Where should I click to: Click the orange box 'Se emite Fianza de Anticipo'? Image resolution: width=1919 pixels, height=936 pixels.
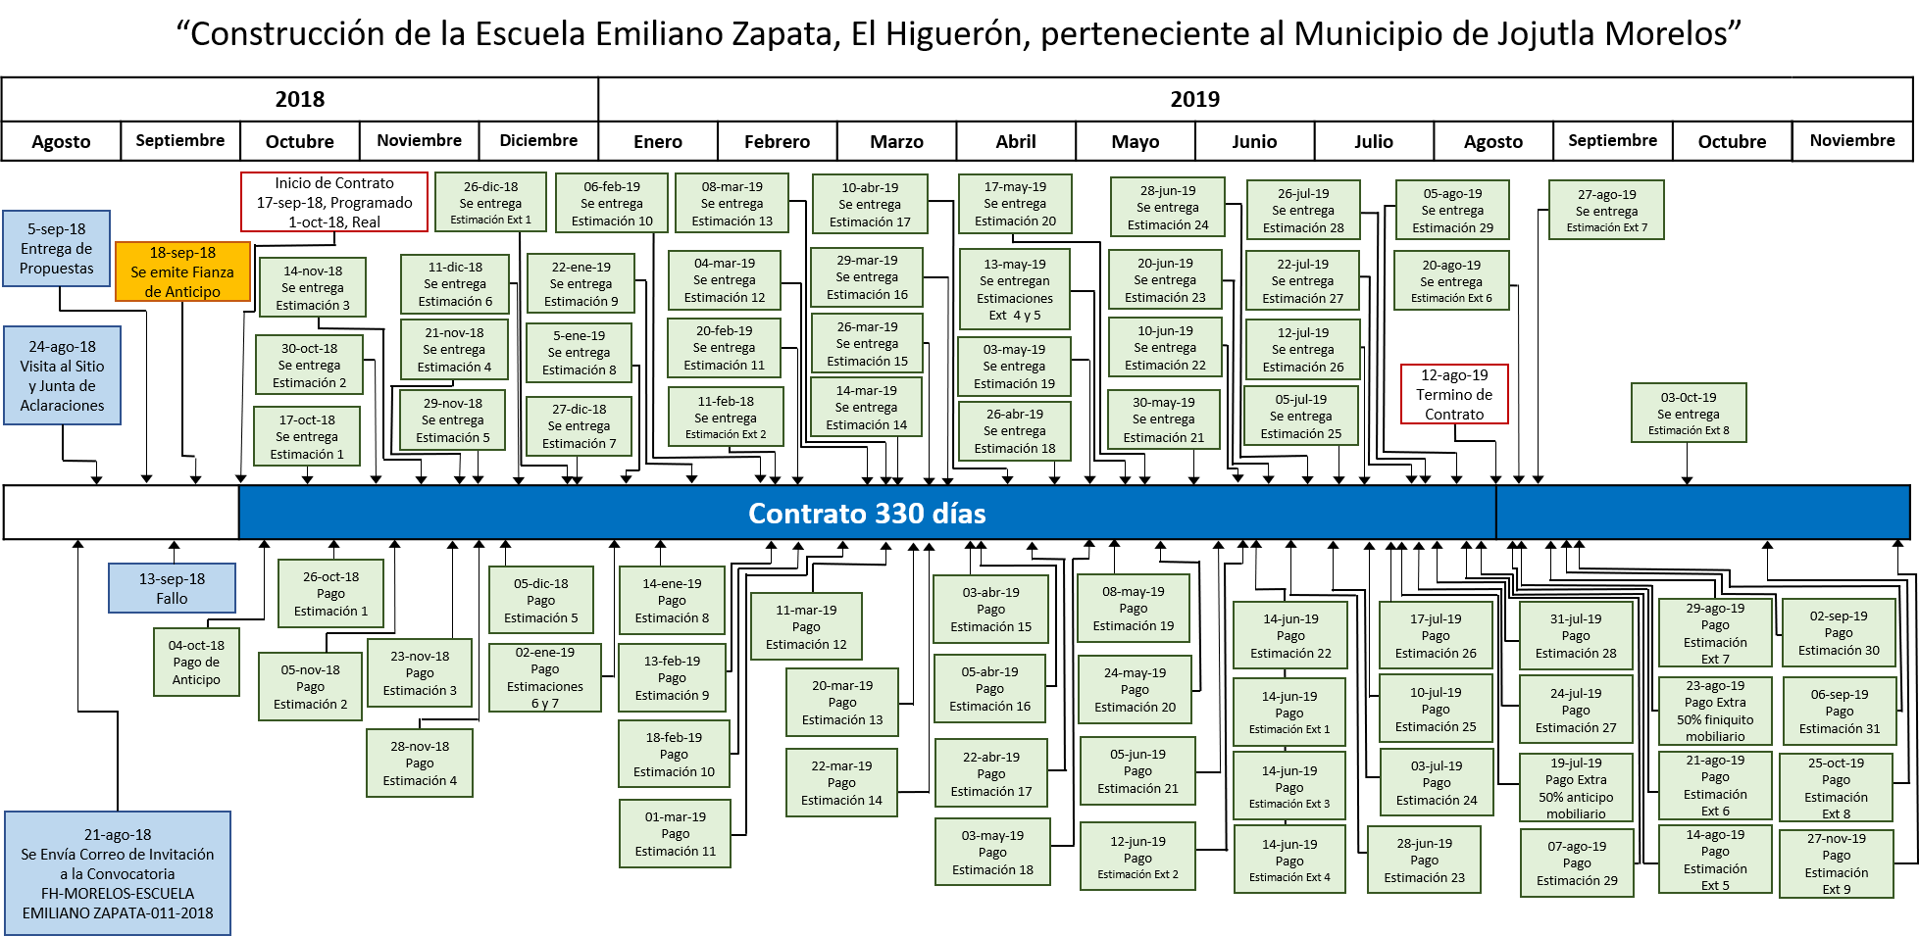pos(182,271)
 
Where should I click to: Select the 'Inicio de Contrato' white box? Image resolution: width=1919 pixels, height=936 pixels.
pos(334,202)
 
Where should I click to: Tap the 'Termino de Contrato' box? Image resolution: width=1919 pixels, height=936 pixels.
pos(1454,394)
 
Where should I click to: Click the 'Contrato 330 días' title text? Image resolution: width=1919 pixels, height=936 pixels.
pos(867,514)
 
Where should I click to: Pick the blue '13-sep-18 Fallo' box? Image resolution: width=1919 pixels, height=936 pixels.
pos(172,588)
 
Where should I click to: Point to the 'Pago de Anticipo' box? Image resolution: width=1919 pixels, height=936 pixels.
pos(196,663)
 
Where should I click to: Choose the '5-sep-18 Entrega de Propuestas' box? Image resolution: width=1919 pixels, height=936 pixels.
pos(57,249)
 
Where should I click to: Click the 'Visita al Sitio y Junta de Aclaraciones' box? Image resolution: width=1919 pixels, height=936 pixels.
pos(62,375)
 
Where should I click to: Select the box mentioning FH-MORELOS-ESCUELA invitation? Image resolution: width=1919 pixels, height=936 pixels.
pos(118,873)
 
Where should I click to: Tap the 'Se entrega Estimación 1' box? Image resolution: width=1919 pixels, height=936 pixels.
pos(307,436)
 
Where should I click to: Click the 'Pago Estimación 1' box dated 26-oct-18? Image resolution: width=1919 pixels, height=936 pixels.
pos(330,594)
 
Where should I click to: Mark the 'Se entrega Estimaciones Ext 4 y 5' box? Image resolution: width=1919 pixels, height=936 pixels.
pos(1015,289)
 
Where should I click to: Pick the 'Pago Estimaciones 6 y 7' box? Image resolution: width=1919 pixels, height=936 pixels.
pos(545,677)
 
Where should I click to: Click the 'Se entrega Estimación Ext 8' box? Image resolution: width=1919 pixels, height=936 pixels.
pos(1689,413)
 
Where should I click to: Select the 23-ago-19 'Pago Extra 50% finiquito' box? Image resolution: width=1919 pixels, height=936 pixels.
pos(1715,712)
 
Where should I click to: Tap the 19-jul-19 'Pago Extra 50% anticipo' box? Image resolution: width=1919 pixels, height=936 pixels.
pos(1576,788)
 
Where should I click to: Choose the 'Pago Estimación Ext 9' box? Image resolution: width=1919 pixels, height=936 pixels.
pos(1837,863)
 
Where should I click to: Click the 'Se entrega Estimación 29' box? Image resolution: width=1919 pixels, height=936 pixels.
pos(1452,210)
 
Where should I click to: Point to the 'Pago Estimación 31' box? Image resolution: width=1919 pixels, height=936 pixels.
pos(1840,712)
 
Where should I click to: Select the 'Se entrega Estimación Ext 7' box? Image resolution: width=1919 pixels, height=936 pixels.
pos(1606,210)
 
